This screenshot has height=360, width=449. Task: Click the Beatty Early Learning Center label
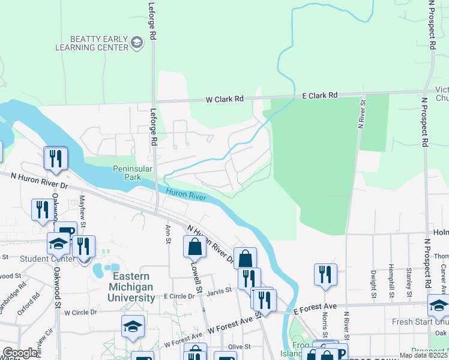(92, 43)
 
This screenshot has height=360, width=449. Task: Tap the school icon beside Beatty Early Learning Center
(137, 43)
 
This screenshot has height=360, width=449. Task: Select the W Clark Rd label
(224, 99)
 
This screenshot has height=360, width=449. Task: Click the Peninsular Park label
(134, 173)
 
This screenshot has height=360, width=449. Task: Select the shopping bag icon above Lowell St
(195, 246)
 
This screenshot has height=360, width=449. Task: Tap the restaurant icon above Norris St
(325, 274)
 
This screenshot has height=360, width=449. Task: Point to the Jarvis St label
(220, 290)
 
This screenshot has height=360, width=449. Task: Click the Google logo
(20, 353)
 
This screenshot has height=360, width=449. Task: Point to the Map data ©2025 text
(424, 355)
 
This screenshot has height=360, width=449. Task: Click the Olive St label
(238, 346)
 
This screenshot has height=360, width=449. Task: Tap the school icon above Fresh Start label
(439, 305)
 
